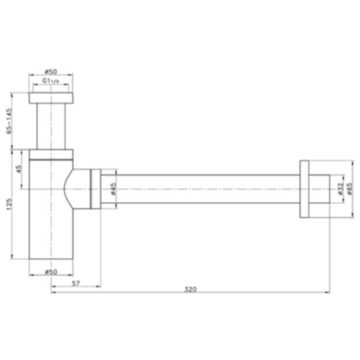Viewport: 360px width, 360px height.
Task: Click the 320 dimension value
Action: pyautogui.click(x=191, y=289)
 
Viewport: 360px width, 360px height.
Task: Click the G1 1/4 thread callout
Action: pyautogui.click(x=51, y=82)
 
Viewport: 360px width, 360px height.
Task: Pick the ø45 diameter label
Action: pyautogui.click(x=113, y=188)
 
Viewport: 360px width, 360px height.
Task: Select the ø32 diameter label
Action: pyautogui.click(x=340, y=188)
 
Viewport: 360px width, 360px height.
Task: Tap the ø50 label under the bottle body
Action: pyautogui.click(x=51, y=270)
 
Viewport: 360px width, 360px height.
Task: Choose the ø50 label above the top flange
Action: pyautogui.click(x=51, y=72)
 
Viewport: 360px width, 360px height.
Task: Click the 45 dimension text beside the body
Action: pyautogui.click(x=19, y=169)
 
